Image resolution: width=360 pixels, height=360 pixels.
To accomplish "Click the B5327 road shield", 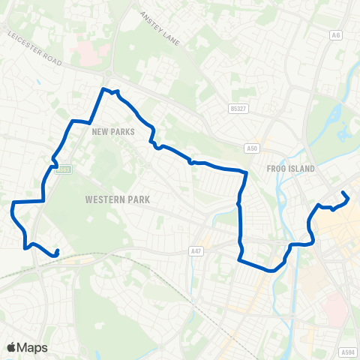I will pyautogui.click(x=238, y=109).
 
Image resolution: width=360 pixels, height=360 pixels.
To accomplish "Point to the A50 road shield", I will pyautogui.click(x=253, y=148).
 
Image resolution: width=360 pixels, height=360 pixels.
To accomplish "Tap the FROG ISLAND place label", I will pyautogui.click(x=290, y=169).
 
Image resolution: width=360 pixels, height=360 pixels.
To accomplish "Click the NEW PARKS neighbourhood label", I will pyautogui.click(x=112, y=131).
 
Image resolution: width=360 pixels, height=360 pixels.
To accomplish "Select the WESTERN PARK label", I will pyautogui.click(x=118, y=199).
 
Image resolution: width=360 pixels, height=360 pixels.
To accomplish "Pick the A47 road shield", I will pyautogui.click(x=196, y=251).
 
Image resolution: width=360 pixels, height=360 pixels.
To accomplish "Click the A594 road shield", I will pyautogui.click(x=346, y=352).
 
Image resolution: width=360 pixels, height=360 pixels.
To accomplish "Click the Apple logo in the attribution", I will pyautogui.click(x=11, y=347).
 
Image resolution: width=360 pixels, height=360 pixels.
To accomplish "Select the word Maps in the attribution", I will pyautogui.click(x=32, y=347).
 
